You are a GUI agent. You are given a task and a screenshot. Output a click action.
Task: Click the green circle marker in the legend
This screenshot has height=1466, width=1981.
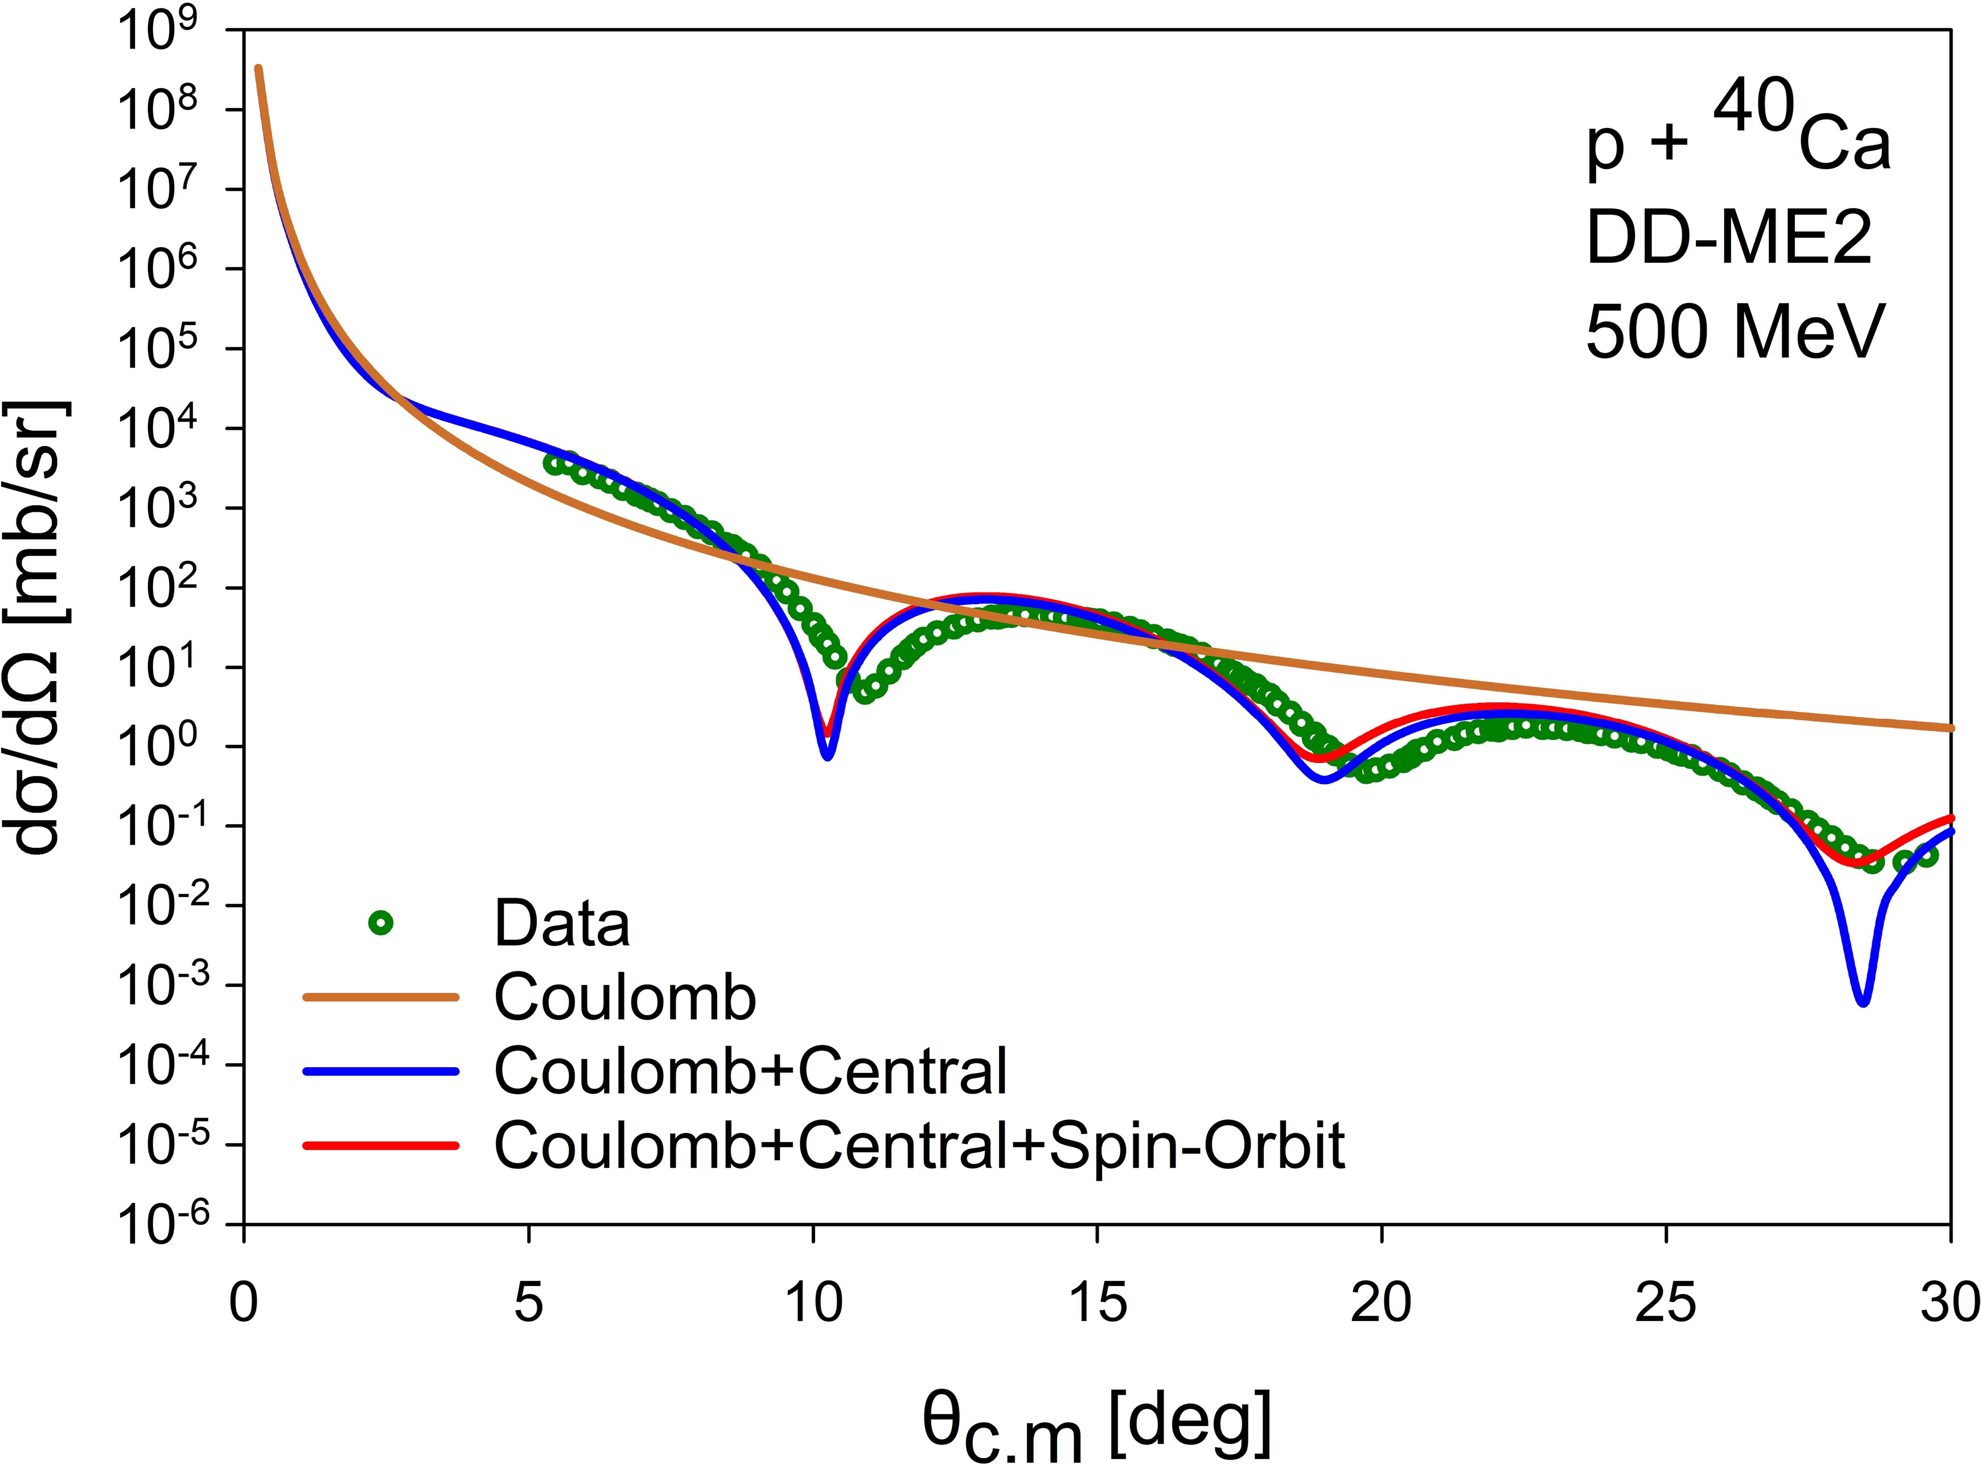pos(381,924)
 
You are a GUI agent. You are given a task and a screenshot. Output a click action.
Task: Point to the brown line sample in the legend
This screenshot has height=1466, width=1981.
pos(381,998)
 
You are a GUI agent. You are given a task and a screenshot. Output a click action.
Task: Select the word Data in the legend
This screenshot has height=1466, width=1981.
pos(562,924)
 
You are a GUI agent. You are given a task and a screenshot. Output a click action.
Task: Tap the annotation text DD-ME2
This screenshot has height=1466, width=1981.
pos(1729,240)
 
